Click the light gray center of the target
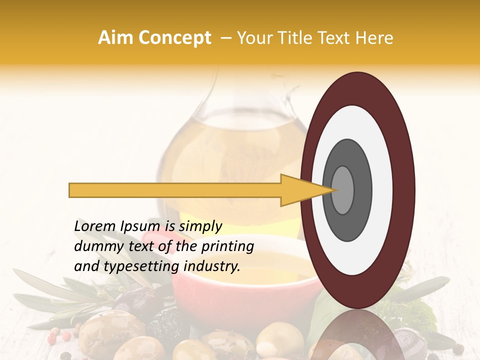tap(342, 190)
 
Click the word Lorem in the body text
tap(94, 226)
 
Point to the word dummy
tap(95, 246)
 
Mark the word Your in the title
tap(253, 38)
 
